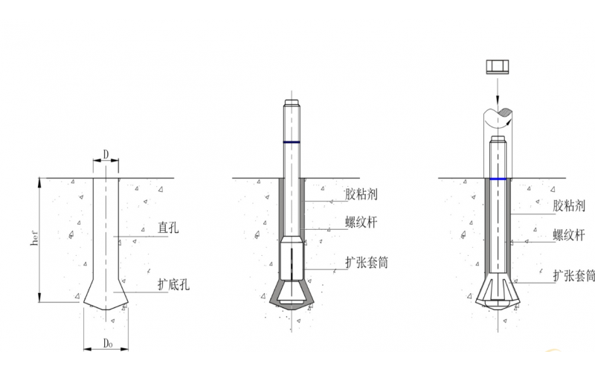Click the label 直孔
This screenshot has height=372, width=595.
click(x=168, y=228)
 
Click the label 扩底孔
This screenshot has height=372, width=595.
click(x=173, y=284)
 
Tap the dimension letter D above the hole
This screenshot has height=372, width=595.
click(x=106, y=154)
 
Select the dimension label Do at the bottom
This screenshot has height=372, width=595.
click(x=108, y=343)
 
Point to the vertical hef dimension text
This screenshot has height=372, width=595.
click(x=34, y=237)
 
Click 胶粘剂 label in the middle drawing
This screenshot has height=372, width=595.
click(x=361, y=194)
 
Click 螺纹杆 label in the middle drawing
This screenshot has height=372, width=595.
click(x=361, y=222)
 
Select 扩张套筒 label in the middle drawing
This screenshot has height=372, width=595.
click(x=366, y=263)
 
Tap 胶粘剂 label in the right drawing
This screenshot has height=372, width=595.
click(x=568, y=205)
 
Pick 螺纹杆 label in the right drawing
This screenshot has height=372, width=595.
click(x=568, y=235)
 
